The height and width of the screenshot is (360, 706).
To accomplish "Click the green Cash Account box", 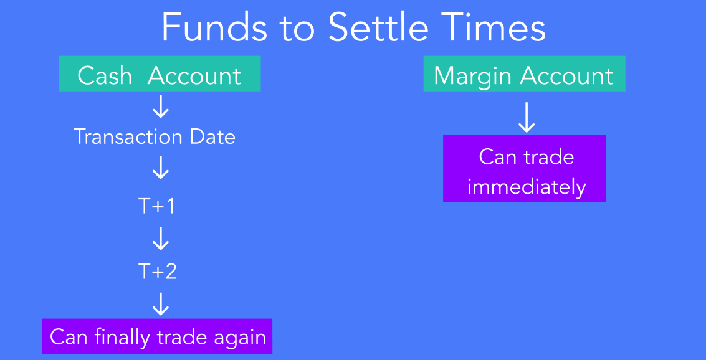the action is pos(160,73).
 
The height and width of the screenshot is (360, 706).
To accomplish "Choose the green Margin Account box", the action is pos(524,73).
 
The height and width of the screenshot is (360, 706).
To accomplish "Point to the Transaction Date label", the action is pos(155,136).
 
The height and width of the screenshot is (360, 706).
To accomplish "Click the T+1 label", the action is pos(156,206).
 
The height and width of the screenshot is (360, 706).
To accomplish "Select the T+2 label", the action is pos(157,272).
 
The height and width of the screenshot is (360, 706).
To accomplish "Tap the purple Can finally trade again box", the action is pos(157,336).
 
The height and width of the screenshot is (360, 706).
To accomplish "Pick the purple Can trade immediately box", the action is pos(524,168).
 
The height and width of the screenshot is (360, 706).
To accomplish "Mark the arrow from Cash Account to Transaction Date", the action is pos(160,107).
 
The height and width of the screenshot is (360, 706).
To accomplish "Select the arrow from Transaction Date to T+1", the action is pos(160,168).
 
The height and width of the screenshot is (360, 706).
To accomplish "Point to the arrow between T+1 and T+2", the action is pos(160,238).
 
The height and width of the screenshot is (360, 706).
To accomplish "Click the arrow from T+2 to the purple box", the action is pos(160,304).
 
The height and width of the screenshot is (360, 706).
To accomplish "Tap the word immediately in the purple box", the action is pos(527,186).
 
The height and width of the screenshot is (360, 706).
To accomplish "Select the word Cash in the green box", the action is pos(105,75).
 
